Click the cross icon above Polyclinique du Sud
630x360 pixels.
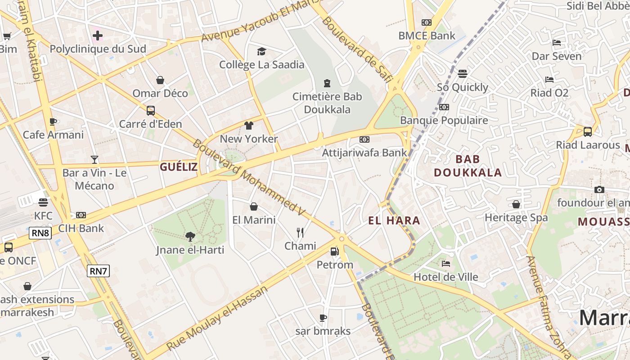click(x=98, y=35)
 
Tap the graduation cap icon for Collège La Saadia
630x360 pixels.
click(x=261, y=51)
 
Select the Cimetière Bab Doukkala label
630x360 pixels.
click(x=327, y=103)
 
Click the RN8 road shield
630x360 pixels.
click(x=40, y=233)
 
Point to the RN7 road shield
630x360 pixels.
click(x=98, y=270)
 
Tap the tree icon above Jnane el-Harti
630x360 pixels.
click(x=190, y=236)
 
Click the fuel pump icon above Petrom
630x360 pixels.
click(x=334, y=252)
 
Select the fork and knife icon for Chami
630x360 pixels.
click(x=300, y=233)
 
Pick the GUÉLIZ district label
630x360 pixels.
click(x=179, y=167)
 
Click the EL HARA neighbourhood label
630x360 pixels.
click(x=394, y=220)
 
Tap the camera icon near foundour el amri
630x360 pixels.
click(x=599, y=189)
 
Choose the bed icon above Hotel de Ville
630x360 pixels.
click(x=446, y=264)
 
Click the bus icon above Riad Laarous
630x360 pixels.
click(x=587, y=131)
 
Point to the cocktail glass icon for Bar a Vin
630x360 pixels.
click(x=94, y=159)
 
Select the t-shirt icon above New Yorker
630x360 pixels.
click(x=249, y=125)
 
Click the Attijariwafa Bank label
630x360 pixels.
click(x=364, y=153)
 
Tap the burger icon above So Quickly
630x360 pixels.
click(x=463, y=73)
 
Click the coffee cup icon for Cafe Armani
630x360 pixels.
click(x=53, y=121)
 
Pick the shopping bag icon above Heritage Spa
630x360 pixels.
click(x=516, y=204)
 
